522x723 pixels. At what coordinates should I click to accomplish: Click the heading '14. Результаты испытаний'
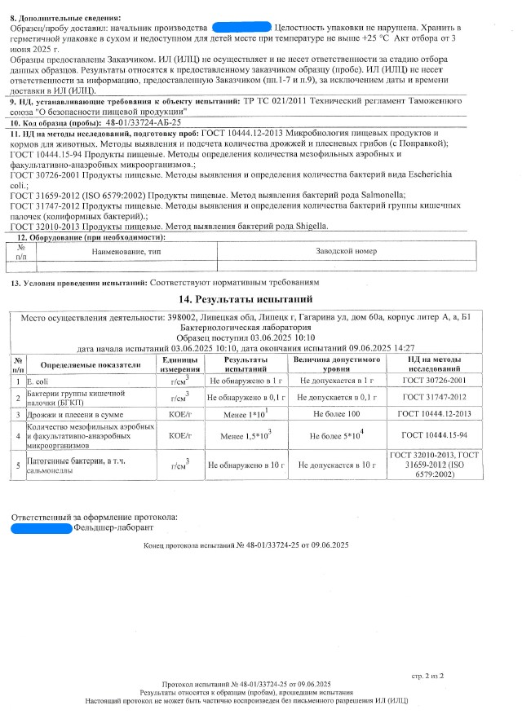[x=263, y=300]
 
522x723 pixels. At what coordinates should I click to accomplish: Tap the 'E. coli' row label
[x=38, y=380]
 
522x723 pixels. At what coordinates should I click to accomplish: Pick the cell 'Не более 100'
[x=337, y=415]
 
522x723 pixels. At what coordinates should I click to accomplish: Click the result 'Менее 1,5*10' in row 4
[x=247, y=436]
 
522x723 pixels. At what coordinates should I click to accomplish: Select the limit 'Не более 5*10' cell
[x=337, y=436]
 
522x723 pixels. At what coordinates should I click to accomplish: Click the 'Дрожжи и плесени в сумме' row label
[x=75, y=415]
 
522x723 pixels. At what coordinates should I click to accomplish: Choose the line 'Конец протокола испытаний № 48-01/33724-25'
[x=245, y=544]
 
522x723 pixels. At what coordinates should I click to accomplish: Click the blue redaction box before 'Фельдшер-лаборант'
[x=42, y=529]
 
